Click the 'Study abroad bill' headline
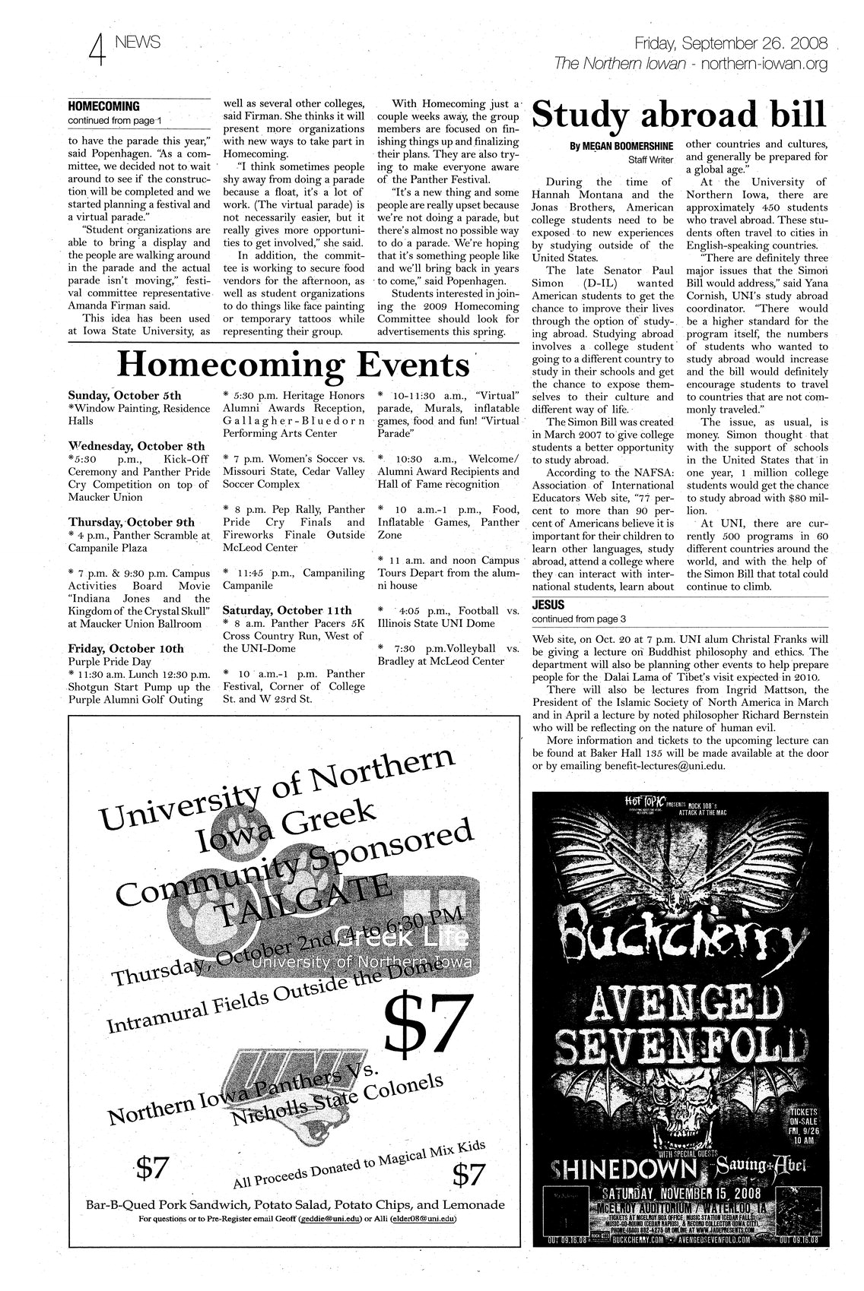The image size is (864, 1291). (x=679, y=116)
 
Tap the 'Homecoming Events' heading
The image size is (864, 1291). (x=294, y=365)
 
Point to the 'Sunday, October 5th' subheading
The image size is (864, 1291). (x=125, y=396)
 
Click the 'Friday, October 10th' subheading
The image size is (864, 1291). (x=125, y=648)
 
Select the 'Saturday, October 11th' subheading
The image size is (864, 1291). (x=287, y=610)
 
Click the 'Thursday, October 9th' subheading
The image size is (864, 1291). (x=131, y=522)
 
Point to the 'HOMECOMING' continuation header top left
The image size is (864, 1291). (x=104, y=106)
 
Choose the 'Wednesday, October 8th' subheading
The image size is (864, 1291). (x=136, y=446)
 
